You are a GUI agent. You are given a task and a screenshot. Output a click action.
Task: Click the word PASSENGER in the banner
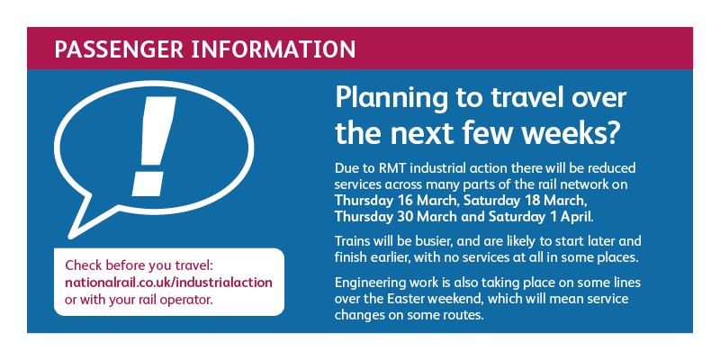pyautogui.click(x=119, y=49)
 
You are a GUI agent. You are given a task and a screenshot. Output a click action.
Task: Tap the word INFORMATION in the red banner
pyautogui.click(x=274, y=49)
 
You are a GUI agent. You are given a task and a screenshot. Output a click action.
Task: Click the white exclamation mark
pyautogui.click(x=152, y=146)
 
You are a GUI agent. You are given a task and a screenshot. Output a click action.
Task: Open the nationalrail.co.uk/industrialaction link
pyautogui.click(x=168, y=283)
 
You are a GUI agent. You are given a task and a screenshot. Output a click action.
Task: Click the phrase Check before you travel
pyautogui.click(x=140, y=265)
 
